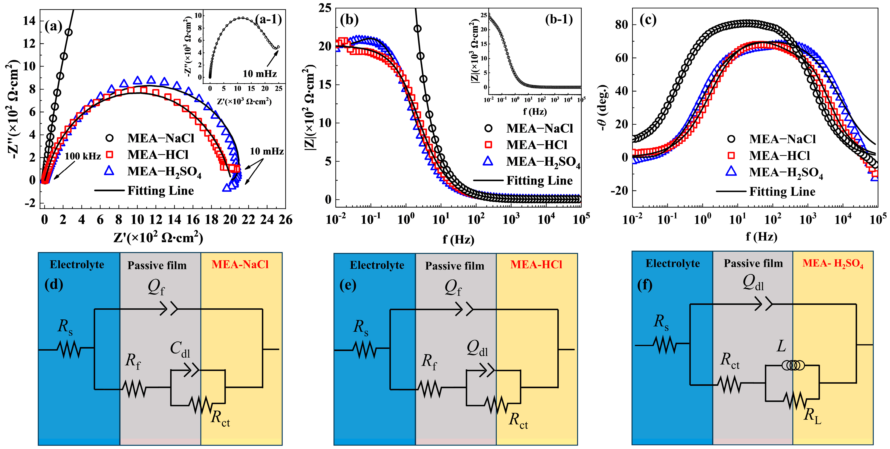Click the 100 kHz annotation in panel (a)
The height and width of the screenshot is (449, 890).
[x=82, y=156]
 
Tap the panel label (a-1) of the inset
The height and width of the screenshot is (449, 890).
[x=268, y=19]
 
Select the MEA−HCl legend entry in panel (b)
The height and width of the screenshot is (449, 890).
[x=537, y=145]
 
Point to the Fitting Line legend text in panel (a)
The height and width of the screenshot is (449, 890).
[x=161, y=190]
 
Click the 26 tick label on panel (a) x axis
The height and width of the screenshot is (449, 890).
[x=285, y=220]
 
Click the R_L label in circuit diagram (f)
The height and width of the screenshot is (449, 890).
[x=812, y=415]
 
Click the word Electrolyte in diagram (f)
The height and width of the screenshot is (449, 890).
[x=673, y=263]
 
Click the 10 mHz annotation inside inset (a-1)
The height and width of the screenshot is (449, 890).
[x=260, y=74]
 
